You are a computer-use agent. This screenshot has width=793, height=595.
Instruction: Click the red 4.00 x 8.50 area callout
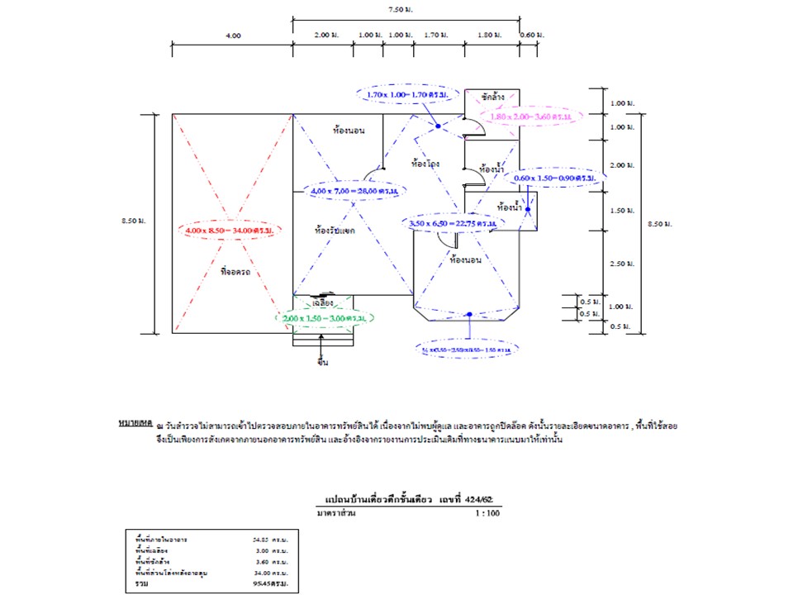pos(230,230)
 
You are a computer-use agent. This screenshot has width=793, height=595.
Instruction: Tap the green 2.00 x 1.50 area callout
pos(325,317)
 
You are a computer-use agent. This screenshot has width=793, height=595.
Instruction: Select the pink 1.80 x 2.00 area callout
pos(533,117)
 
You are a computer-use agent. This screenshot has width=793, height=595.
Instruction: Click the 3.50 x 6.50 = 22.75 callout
pos(453,223)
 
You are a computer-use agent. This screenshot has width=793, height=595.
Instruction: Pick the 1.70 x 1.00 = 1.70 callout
pos(407,95)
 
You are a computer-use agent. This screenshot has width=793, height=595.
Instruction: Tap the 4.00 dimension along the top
pos(232,36)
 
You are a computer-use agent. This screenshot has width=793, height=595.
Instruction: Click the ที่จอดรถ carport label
pos(235,271)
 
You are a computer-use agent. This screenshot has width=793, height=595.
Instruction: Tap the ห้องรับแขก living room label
pos(335,231)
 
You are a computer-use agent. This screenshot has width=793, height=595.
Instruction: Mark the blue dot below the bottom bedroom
pos(468,314)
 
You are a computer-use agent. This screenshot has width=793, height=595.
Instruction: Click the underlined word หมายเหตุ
pos(135,423)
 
